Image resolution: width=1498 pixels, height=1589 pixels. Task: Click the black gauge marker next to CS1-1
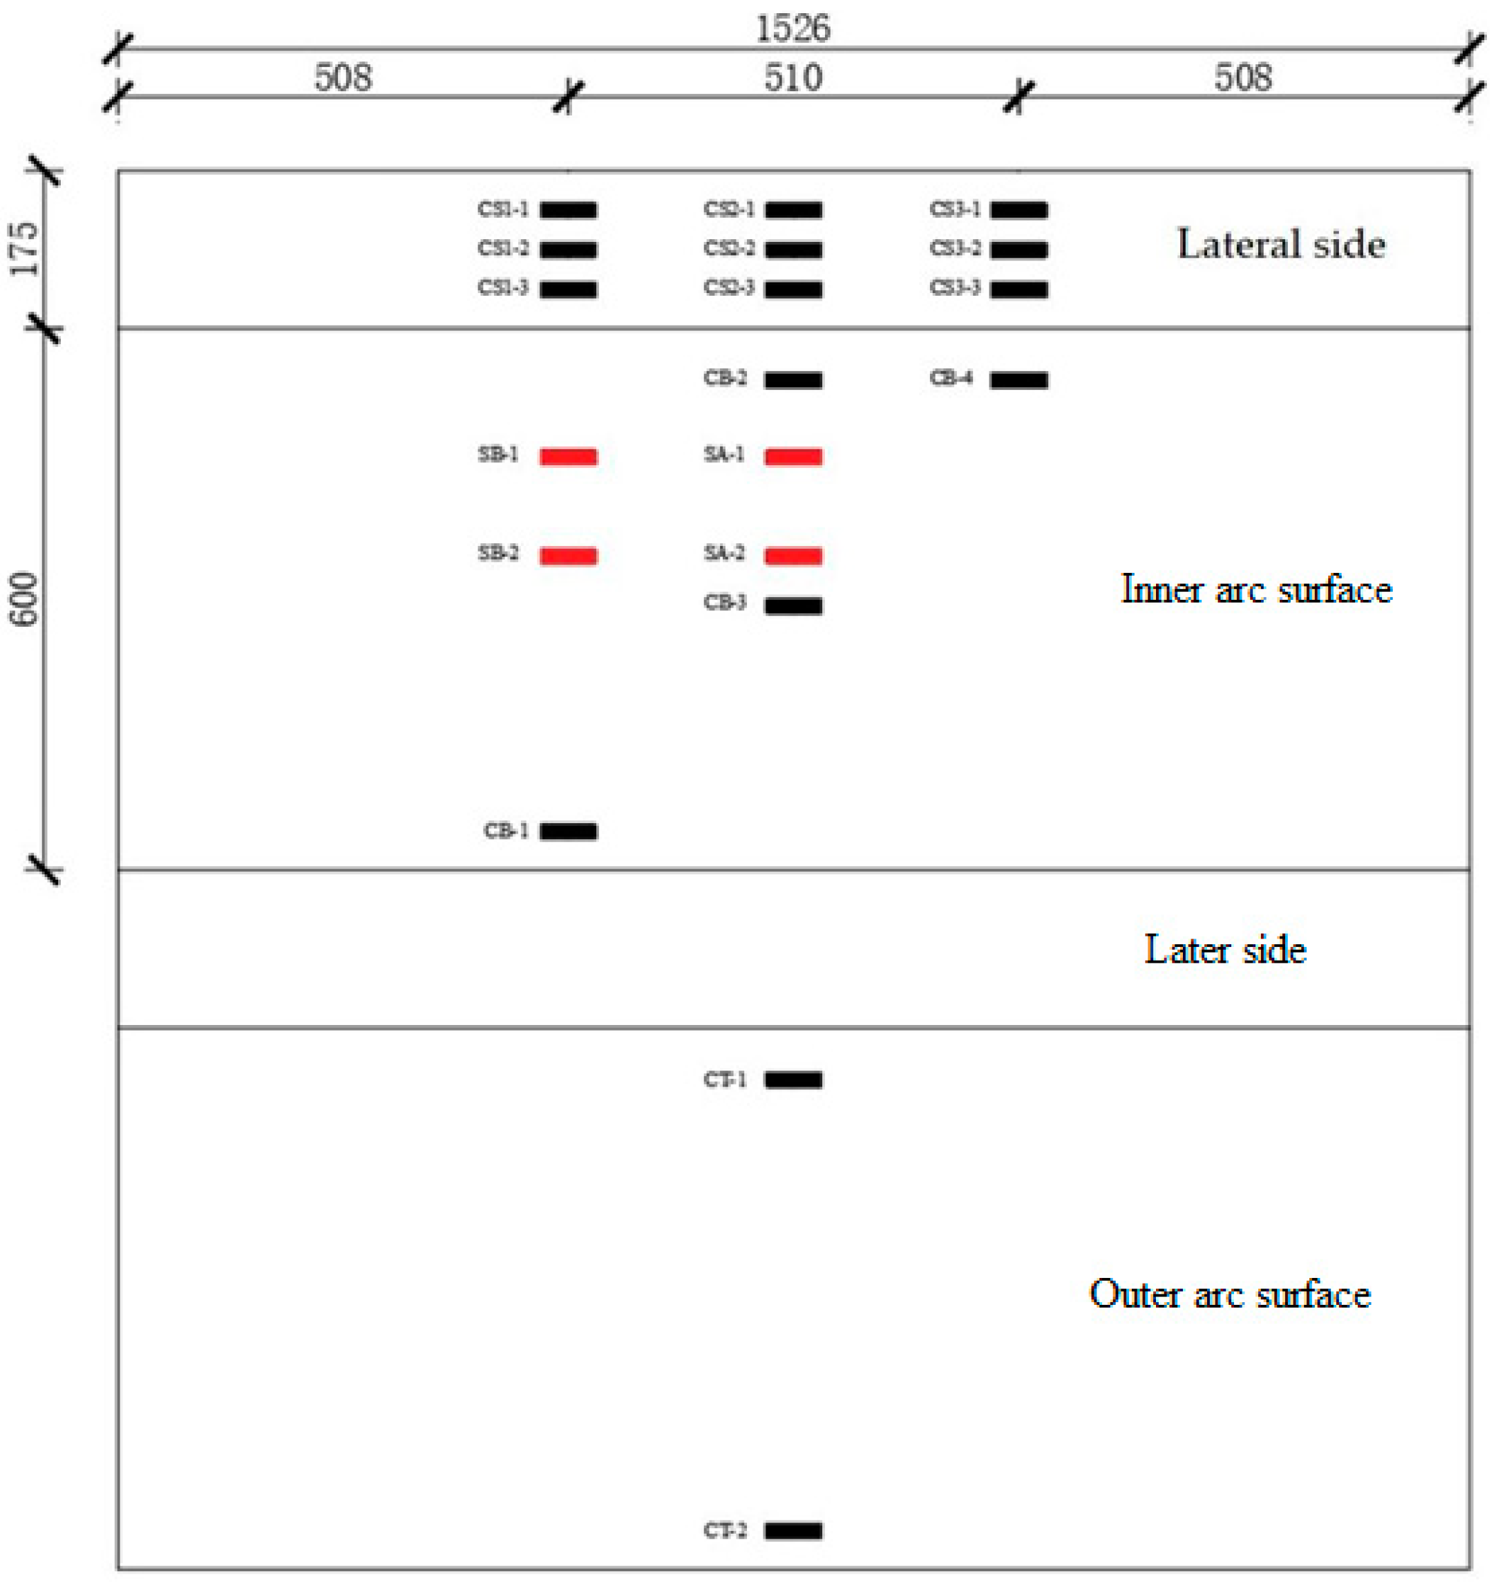click(x=568, y=210)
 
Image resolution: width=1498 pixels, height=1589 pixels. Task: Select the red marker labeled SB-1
click(x=568, y=456)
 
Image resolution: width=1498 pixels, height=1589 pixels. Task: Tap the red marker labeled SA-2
click(x=793, y=556)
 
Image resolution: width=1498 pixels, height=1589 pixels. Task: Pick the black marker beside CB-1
click(x=568, y=831)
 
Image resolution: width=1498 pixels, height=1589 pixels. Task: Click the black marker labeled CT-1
click(x=793, y=1080)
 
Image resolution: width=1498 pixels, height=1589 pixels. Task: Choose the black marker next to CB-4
click(x=1018, y=379)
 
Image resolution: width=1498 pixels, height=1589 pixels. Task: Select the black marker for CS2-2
click(x=793, y=250)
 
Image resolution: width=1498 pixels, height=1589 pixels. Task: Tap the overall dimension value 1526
click(x=793, y=30)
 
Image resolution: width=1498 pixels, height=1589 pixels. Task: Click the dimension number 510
click(x=793, y=78)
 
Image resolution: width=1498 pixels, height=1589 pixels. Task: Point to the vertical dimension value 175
click(x=25, y=250)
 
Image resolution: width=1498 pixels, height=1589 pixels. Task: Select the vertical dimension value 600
click(x=25, y=599)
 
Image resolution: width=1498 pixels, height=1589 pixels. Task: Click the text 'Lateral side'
click(x=1280, y=245)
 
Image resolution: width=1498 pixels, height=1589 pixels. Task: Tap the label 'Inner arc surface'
click(x=1256, y=590)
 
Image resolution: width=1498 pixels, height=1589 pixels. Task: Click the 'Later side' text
click(x=1225, y=950)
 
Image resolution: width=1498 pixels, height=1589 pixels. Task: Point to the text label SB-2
click(x=497, y=553)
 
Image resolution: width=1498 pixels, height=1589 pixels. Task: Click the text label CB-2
click(x=725, y=377)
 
